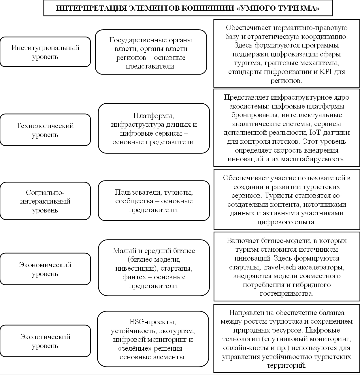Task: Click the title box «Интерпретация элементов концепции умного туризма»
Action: [x=188, y=8]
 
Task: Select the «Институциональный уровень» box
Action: [x=45, y=52]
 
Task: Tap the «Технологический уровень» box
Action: [x=45, y=130]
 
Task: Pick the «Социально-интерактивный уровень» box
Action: [x=45, y=201]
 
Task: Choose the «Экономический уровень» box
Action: [x=45, y=269]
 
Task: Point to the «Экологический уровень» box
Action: [x=45, y=341]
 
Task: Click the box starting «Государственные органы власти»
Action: [x=151, y=52]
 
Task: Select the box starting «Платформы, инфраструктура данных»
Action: [x=154, y=128]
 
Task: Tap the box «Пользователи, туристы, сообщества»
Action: [x=154, y=201]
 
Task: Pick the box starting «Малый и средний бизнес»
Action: [x=154, y=268]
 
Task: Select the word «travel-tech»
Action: [x=279, y=267]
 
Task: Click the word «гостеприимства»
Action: [x=287, y=294]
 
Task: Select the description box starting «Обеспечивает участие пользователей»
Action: [x=287, y=200]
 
